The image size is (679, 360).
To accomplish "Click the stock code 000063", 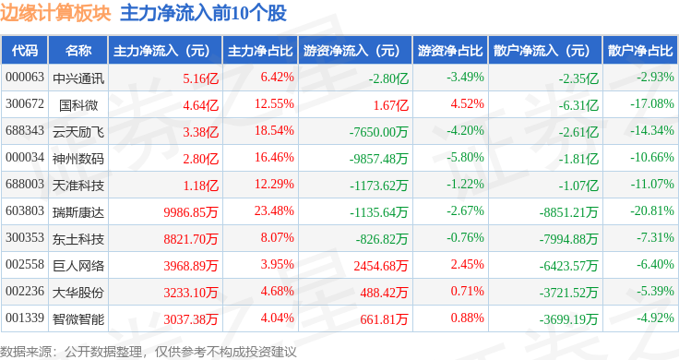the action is pos(25,78).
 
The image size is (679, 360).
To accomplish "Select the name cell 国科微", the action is pos(78,105).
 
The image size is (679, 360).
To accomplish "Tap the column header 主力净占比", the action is pos(260,51).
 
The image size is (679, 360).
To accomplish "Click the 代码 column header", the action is pos(25,51).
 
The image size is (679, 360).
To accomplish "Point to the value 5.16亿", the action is pos(200,78).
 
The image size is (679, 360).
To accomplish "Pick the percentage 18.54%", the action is pos(274,130).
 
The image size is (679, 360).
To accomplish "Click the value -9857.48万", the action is pos(378,159).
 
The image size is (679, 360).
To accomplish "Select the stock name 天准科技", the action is pos(78,186).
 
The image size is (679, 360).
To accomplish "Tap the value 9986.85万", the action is pos(191,212).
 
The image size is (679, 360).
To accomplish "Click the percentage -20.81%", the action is pos(652,210).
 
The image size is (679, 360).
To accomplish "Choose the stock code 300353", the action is pos(25,237).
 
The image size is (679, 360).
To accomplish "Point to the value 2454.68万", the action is pos(381,266).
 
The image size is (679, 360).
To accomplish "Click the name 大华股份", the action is pos(78,293).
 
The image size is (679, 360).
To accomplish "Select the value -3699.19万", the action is pos(568,319).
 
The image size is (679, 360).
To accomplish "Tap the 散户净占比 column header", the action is pos(640,51).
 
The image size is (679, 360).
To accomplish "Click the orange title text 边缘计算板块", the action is pos(55,13).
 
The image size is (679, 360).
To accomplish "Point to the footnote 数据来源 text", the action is pos(26,352).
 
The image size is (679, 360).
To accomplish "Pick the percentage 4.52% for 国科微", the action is pos(467,103).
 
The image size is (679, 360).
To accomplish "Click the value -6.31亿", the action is pos(578,105).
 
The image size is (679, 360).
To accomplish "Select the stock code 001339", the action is pos(25,318).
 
